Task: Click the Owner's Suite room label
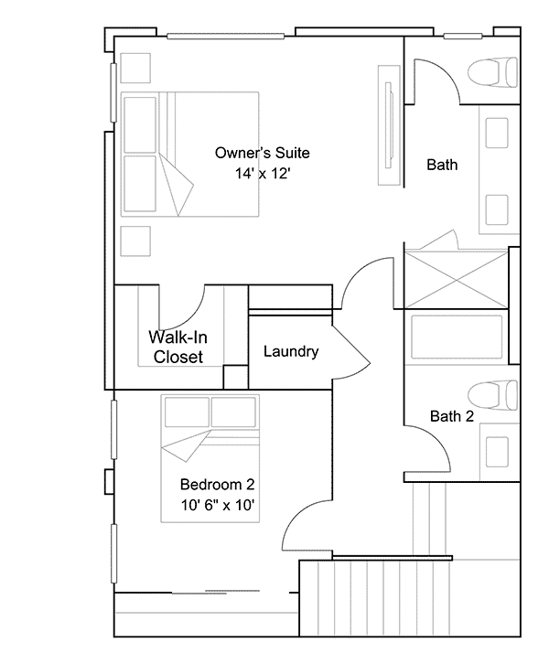tap(263, 153)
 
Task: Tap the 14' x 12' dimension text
tap(263, 173)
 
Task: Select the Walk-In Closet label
tap(178, 347)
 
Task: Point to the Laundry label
tap(291, 351)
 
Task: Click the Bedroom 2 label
tap(218, 484)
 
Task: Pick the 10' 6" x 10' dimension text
tap(218, 505)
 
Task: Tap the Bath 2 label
tap(452, 416)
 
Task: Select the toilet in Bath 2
tap(492, 395)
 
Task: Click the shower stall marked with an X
tap(457, 280)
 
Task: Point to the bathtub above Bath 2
tap(457, 337)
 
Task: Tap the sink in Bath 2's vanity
tap(497, 452)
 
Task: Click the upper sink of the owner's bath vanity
tap(497, 133)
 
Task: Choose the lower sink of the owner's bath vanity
tap(497, 210)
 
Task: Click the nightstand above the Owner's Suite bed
tap(135, 68)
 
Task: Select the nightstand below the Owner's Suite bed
tap(135, 241)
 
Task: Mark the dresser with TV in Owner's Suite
tap(389, 125)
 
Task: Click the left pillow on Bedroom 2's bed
tap(187, 412)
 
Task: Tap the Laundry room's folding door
tap(351, 352)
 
